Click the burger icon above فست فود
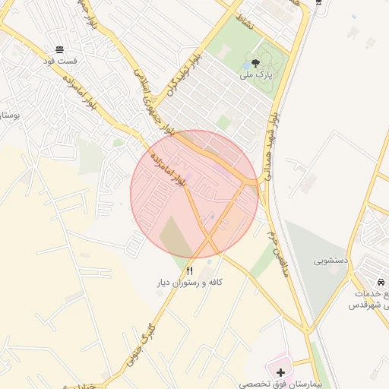(x=60, y=46)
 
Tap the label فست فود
(x=60, y=59)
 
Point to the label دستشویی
(x=331, y=260)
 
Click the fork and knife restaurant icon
(x=190, y=270)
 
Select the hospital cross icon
(x=281, y=373)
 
